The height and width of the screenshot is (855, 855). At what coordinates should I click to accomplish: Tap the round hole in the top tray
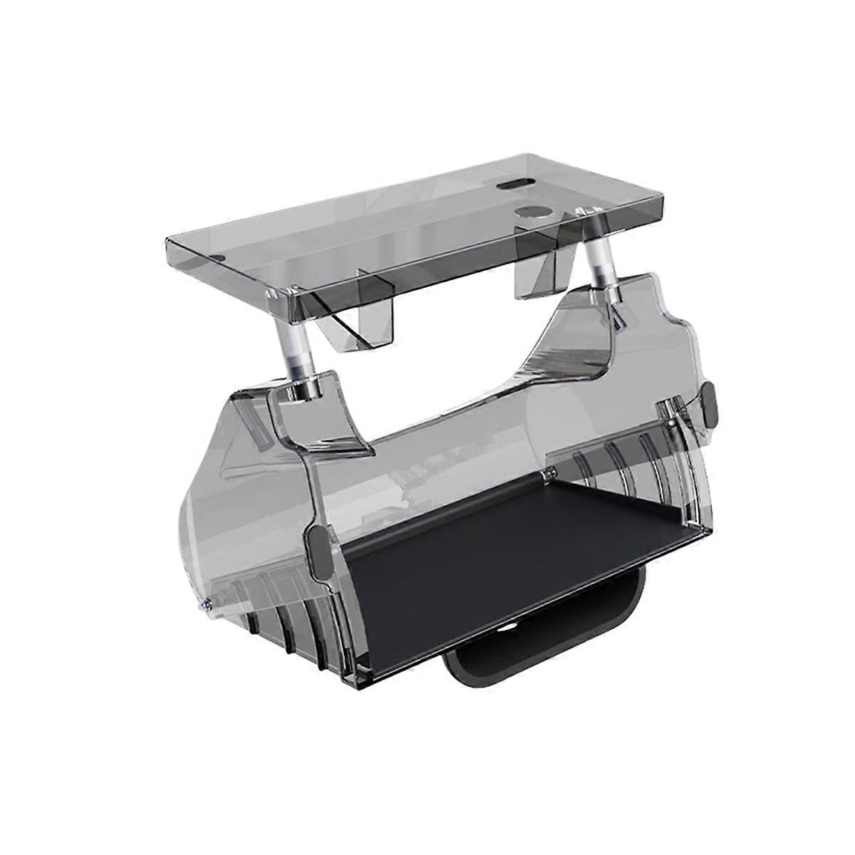tap(528, 213)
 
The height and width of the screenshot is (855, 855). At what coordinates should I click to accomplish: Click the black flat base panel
tap(484, 563)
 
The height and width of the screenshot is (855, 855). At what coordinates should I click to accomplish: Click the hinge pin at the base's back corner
tap(550, 472)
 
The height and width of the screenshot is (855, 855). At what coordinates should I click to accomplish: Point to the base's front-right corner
tap(709, 531)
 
